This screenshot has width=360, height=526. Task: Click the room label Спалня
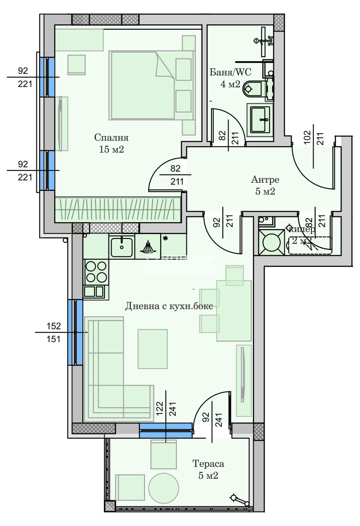(112, 137)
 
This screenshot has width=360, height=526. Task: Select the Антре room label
(265, 180)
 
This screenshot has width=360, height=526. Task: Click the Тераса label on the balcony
(208, 463)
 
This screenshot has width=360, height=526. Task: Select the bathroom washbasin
(260, 119)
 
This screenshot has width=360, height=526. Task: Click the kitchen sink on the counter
(121, 247)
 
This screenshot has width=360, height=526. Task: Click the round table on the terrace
(164, 488)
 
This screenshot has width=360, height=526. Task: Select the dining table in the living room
(234, 310)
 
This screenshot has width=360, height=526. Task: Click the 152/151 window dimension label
(53, 332)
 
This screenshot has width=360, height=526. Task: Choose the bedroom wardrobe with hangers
(118, 210)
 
